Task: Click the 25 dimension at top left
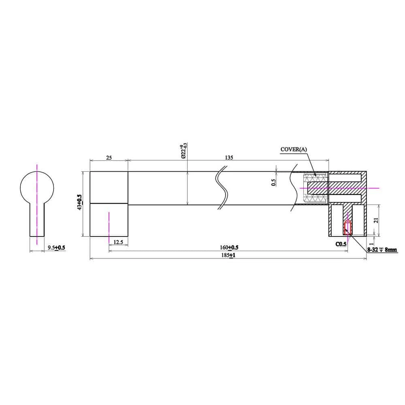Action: [x=109, y=158]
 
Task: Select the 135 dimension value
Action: [x=229, y=158]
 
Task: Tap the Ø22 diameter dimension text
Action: [x=183, y=151]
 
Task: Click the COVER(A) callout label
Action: [x=294, y=149]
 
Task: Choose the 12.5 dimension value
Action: [x=118, y=242]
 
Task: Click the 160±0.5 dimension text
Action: [x=229, y=247]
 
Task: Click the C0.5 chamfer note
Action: [x=341, y=244]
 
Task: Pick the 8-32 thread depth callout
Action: [x=382, y=250]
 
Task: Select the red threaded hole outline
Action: [x=347, y=228]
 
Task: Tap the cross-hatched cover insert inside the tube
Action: [x=315, y=188]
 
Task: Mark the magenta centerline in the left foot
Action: [x=109, y=225]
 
